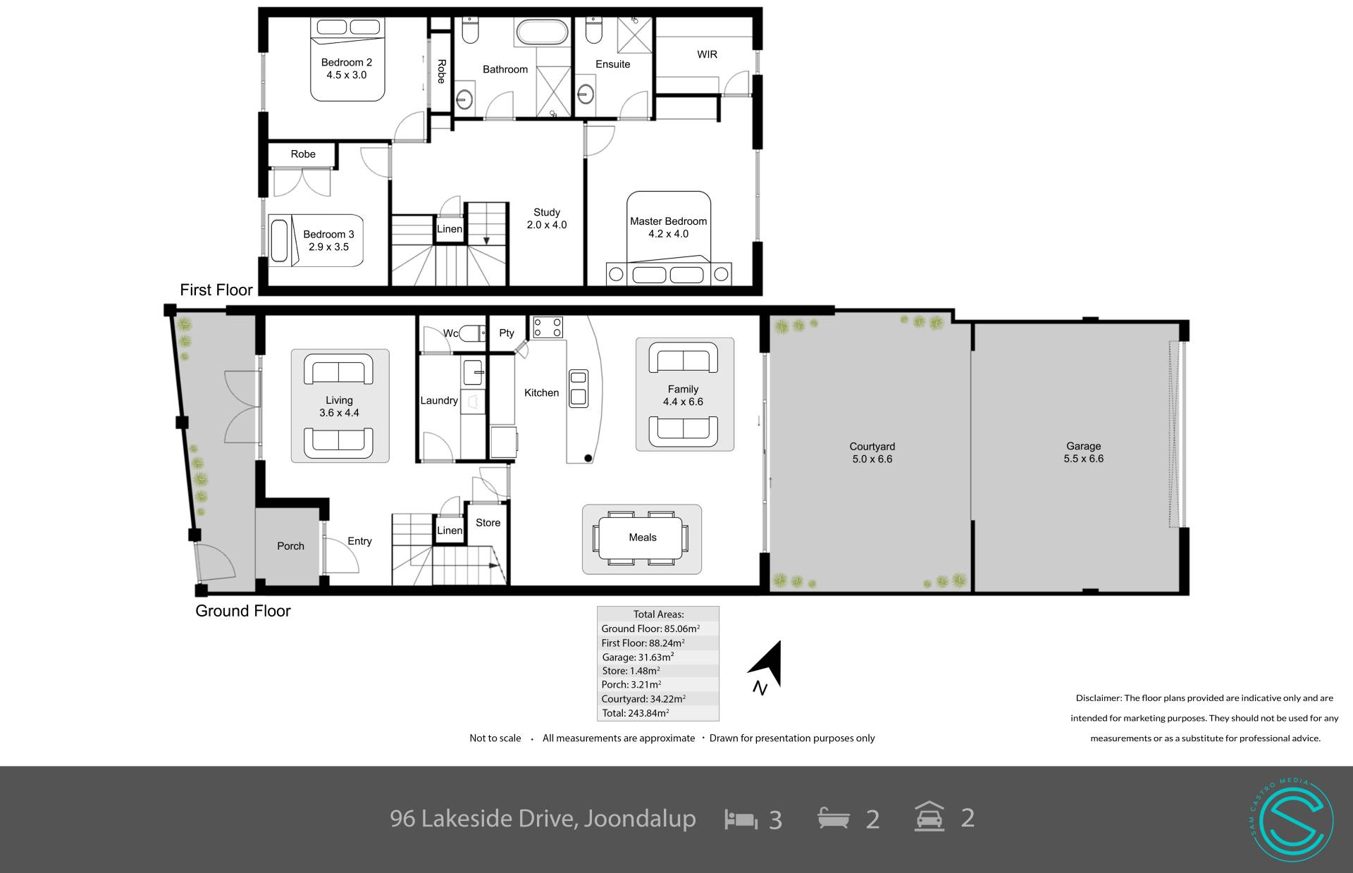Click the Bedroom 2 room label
tap(346, 68)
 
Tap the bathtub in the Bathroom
tap(542, 32)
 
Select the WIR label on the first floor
tap(707, 54)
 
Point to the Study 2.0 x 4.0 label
tap(547, 218)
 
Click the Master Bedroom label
tap(668, 228)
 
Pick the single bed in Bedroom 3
tap(316, 241)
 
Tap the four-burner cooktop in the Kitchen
tap(548, 328)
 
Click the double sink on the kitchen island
tap(579, 388)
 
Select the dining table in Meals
tap(642, 538)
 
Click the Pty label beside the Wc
tap(507, 333)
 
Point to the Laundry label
tap(439, 400)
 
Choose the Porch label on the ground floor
tap(290, 546)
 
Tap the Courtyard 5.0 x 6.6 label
tap(872, 452)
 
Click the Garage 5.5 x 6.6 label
tap(1084, 452)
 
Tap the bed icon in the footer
tap(741, 819)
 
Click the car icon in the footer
tap(929, 817)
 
